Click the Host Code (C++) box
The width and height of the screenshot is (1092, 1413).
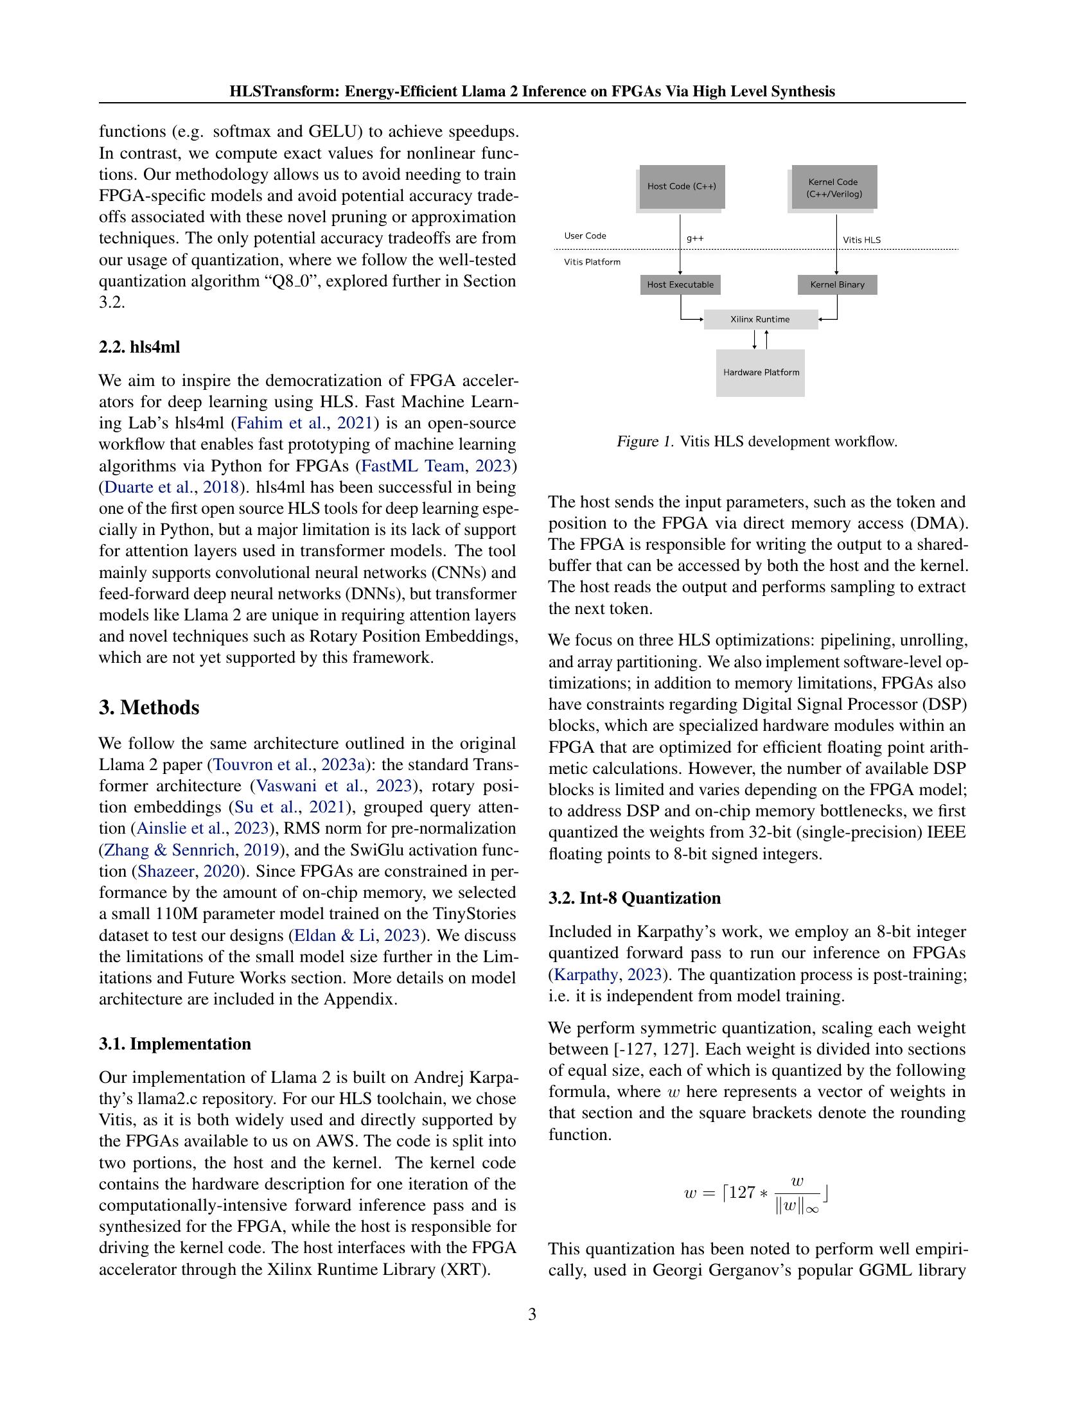pyautogui.click(x=681, y=186)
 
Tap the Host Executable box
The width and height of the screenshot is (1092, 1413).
pyautogui.click(x=680, y=285)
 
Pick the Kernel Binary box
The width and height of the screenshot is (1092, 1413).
pyautogui.click(x=837, y=285)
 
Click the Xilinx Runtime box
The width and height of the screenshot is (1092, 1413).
pyautogui.click(x=760, y=320)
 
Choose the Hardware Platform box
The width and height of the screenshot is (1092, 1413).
pyautogui.click(x=761, y=373)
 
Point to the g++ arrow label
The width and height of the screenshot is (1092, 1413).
pyautogui.click(x=696, y=239)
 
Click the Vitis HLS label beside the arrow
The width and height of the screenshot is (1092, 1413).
pyautogui.click(x=861, y=240)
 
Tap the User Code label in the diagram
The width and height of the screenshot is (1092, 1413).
pyautogui.click(x=585, y=236)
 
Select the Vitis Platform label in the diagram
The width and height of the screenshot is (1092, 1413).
pyautogui.click(x=592, y=262)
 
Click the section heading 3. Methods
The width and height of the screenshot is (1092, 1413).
pyautogui.click(x=149, y=708)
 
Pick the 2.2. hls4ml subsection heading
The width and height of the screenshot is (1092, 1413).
pyautogui.click(x=139, y=347)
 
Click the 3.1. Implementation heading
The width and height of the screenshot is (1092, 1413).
pyautogui.click(x=175, y=1044)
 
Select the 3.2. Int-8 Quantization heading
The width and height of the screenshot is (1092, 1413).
pyautogui.click(x=634, y=898)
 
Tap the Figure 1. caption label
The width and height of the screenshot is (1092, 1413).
pyautogui.click(x=645, y=442)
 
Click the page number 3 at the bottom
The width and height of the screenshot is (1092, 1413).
pyautogui.click(x=532, y=1315)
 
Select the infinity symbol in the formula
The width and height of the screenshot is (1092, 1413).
pyautogui.click(x=812, y=1209)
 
